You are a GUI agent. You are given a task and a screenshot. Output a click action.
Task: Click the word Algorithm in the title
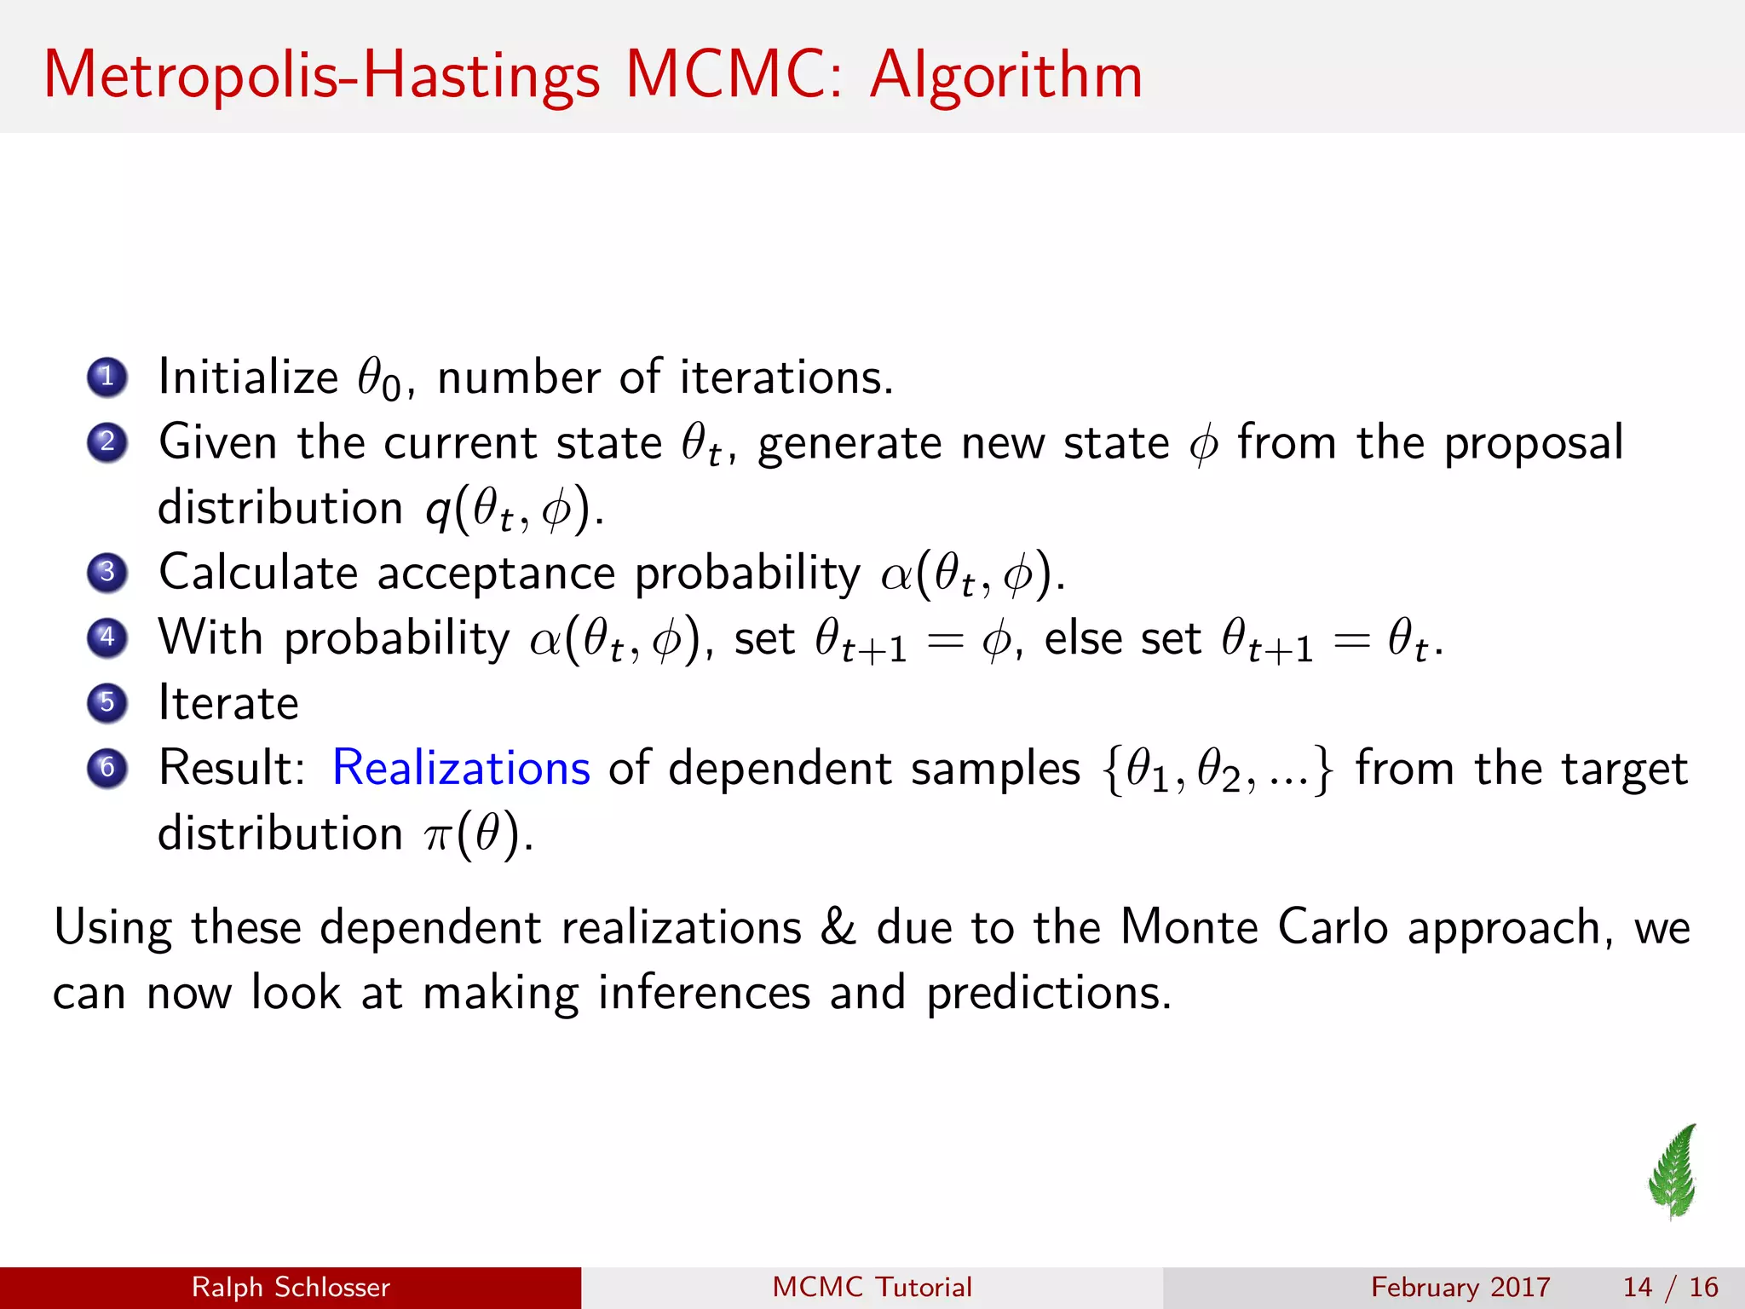pos(1005,77)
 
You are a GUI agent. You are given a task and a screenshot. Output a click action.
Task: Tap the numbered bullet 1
pos(107,377)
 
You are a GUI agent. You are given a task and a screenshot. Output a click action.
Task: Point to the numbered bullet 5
pos(107,703)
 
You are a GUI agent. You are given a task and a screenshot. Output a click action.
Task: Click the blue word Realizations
pos(460,768)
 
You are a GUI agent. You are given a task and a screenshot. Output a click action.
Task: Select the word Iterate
pos(228,703)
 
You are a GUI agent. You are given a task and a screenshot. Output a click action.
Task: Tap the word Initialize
pos(248,377)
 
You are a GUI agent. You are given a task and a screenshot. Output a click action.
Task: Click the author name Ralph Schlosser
pos(291,1287)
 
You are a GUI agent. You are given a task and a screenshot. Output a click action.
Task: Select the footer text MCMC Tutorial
pos(872,1287)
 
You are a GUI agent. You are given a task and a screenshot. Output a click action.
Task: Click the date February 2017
pos(1460,1287)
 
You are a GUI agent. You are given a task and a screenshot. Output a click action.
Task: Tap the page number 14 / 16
pos(1670,1287)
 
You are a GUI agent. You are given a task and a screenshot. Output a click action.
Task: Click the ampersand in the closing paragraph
pos(838,927)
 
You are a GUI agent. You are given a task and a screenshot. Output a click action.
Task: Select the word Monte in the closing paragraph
pos(1189,926)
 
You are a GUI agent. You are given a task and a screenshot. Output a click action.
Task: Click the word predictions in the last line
pos(1048,993)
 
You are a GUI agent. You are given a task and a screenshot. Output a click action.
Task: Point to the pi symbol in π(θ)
pos(436,836)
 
